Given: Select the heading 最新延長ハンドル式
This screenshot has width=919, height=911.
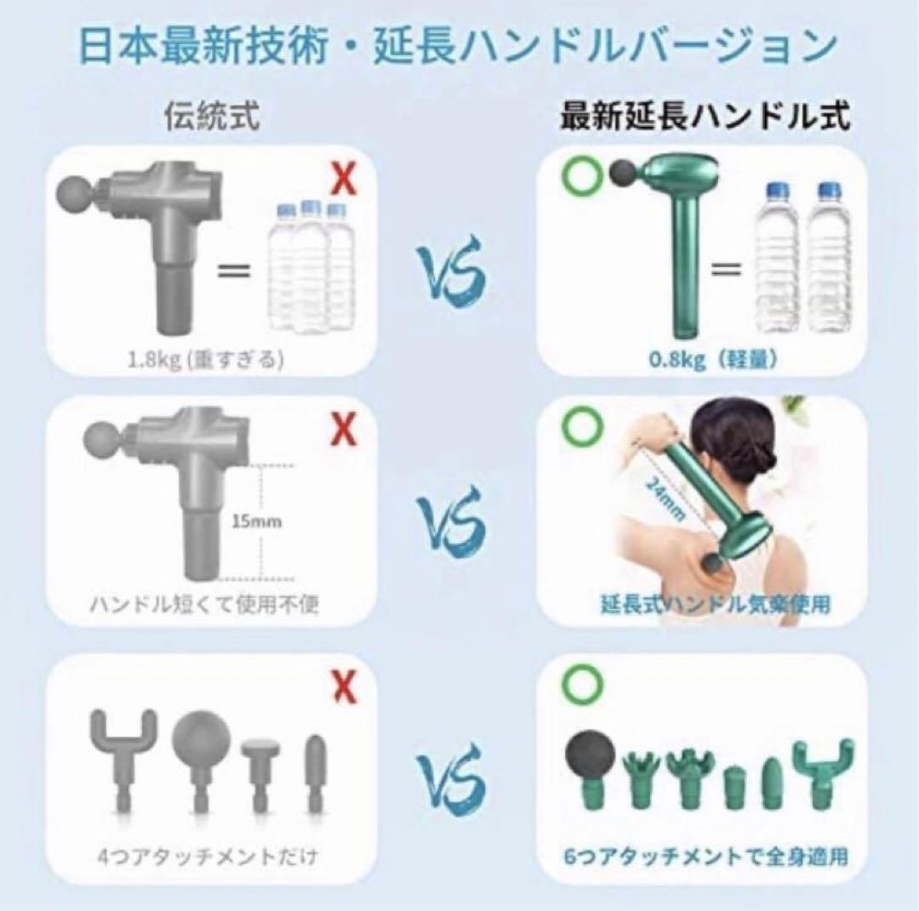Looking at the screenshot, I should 705,117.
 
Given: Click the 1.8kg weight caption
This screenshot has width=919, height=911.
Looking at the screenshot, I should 205,360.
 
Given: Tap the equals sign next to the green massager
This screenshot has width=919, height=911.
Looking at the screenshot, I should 724,270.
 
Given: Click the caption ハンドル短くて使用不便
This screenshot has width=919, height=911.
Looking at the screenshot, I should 207,606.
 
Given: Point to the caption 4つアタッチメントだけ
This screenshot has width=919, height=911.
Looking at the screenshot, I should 207,855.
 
